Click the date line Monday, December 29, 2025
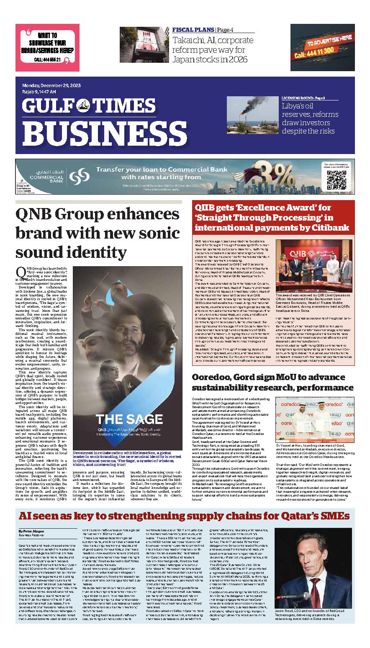tap(51, 85)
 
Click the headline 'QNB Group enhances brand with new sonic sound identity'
tap(97, 233)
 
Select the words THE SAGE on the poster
tap(128, 419)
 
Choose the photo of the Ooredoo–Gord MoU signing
tap(313, 419)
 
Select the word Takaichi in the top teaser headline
tap(188, 41)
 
